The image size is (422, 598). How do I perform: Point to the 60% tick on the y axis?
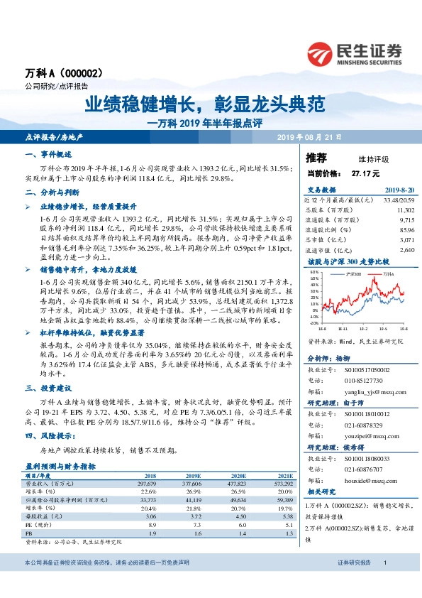(x=315, y=273)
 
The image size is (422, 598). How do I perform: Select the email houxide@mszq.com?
(x=366, y=481)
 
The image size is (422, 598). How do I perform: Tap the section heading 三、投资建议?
(x=45, y=389)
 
